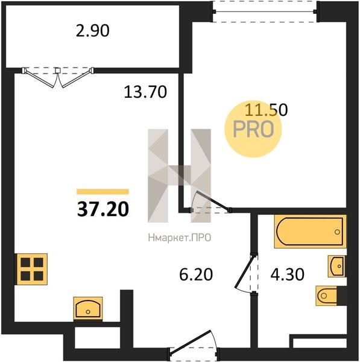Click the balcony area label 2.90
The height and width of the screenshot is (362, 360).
click(92, 31)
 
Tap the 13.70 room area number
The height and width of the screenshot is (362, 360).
click(145, 92)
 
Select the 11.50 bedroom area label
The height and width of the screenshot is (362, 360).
click(266, 110)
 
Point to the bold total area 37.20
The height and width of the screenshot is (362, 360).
click(103, 209)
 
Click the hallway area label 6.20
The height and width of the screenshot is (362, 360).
click(196, 275)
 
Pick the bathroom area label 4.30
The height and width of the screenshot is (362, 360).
click(287, 275)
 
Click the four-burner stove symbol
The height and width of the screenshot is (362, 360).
click(31, 269)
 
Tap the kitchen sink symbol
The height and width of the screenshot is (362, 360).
click(88, 308)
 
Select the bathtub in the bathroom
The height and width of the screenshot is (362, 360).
click(311, 231)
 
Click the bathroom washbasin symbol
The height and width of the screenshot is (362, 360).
click(337, 266)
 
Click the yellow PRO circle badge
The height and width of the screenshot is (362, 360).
click(253, 129)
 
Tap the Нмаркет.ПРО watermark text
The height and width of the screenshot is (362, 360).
click(180, 238)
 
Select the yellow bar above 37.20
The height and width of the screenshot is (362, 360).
click(103, 192)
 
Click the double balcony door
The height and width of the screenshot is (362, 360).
click(58, 77)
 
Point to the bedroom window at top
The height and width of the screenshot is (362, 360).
click(265, 11)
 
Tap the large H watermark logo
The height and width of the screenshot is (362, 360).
click(179, 176)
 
